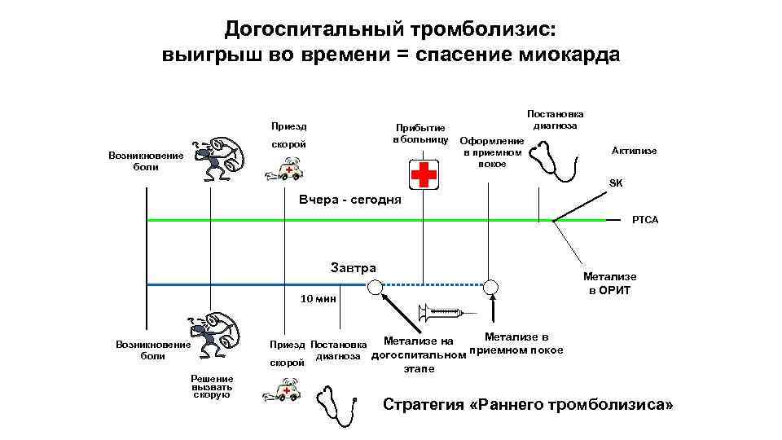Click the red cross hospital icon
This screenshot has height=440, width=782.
pyautogui.click(x=422, y=174)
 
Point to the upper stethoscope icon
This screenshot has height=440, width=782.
pyautogui.click(x=556, y=161)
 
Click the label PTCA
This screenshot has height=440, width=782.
pyautogui.click(x=645, y=220)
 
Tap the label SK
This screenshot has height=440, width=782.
pyautogui.click(x=616, y=183)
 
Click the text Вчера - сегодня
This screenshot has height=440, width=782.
pyautogui.click(x=350, y=200)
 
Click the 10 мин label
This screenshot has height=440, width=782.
pyautogui.click(x=318, y=299)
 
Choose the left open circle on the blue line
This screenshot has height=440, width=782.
pyautogui.click(x=374, y=286)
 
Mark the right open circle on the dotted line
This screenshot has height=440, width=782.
pyautogui.click(x=491, y=286)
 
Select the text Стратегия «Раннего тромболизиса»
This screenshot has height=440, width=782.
pyautogui.click(x=528, y=405)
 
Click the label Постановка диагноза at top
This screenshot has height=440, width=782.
pyautogui.click(x=556, y=120)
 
